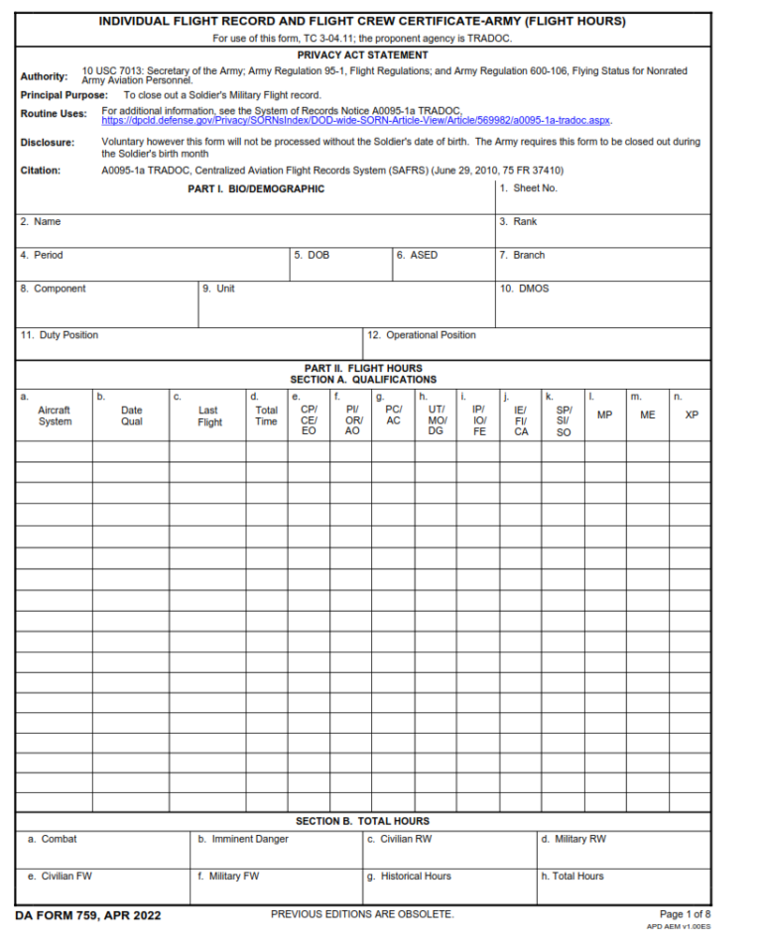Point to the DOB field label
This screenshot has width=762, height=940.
point(316,255)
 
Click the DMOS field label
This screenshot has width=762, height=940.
point(531,289)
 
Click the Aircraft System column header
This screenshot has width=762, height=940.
point(55,415)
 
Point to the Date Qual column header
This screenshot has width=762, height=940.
point(131,415)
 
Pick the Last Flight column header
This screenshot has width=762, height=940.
point(209,415)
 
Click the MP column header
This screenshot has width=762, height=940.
point(604,414)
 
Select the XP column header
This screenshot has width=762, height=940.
point(692,414)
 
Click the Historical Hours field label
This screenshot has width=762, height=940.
point(415,876)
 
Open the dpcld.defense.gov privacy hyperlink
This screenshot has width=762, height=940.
point(356,120)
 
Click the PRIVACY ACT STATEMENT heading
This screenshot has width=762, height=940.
point(362,55)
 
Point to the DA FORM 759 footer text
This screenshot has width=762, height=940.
point(88,914)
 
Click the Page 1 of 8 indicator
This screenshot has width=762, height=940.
point(685,913)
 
